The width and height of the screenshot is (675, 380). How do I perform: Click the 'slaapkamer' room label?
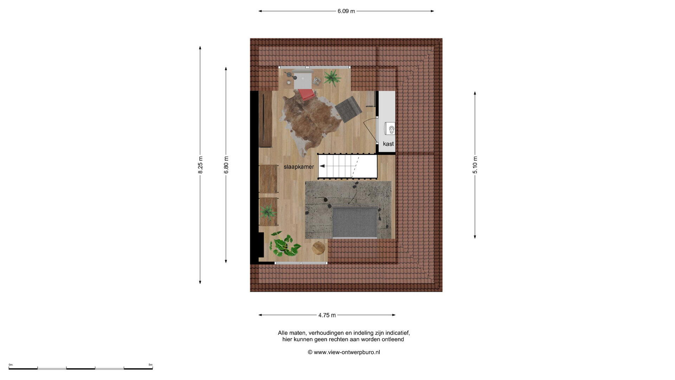299,167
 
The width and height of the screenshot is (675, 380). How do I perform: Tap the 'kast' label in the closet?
388,144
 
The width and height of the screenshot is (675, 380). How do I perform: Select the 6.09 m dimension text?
346,11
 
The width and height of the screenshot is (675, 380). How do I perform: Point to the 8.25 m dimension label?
200,165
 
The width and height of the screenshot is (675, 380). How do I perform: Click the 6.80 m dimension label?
226,165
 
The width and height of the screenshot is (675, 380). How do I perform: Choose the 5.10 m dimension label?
475,165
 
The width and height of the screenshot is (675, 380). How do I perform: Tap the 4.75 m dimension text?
327,315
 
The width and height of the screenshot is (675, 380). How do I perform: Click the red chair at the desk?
306,94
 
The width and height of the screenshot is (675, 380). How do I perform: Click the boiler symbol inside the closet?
390,128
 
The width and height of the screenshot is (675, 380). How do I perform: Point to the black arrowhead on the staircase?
322,166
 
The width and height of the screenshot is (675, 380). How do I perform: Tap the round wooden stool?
319,248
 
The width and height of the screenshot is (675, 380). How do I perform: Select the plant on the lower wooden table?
268,212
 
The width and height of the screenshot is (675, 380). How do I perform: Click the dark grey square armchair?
348,109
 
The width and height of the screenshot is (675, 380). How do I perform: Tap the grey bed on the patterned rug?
355,222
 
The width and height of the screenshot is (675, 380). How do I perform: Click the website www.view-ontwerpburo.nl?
347,352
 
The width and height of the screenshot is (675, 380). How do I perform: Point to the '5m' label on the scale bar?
150,365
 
